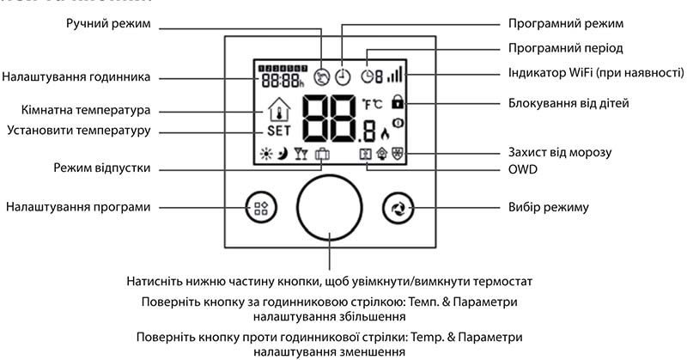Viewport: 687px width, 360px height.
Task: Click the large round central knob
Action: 331,208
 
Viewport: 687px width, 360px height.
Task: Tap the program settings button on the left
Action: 259,207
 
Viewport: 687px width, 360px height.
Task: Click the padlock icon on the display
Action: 397,102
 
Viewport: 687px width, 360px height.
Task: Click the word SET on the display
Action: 279,131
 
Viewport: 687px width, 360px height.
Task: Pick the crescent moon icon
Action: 285,155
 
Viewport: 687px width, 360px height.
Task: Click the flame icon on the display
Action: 384,133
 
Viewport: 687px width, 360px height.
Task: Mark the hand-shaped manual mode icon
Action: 323,76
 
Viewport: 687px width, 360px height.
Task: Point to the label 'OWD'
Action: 522,169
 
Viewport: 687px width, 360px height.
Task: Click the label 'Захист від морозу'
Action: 560,152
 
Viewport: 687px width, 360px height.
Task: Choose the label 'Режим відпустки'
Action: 102,168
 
